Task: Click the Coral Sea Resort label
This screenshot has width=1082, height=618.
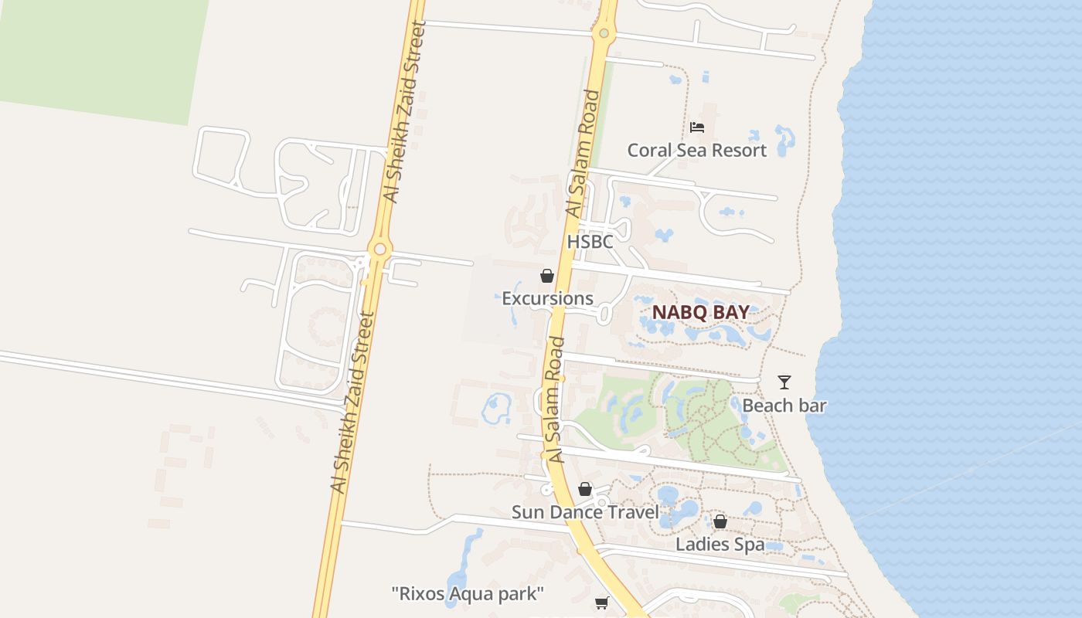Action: [696, 150]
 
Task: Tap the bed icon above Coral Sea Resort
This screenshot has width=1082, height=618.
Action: [697, 127]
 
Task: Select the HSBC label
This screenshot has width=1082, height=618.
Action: [590, 242]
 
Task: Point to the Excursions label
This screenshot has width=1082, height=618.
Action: [547, 298]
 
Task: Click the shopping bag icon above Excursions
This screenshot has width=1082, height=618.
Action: [547, 276]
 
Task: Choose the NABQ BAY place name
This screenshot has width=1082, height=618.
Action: [700, 312]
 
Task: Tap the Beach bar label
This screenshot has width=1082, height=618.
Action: [784, 406]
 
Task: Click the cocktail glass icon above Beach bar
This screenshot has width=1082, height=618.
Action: [784, 382]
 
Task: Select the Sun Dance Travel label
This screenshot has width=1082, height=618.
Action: [585, 512]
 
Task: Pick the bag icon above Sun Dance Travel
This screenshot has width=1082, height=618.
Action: [585, 489]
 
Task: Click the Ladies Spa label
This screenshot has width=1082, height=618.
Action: [720, 545]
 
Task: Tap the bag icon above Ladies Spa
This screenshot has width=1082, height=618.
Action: [720, 522]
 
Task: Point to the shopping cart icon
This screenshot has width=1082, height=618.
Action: [602, 603]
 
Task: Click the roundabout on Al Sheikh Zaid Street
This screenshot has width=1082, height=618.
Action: [379, 250]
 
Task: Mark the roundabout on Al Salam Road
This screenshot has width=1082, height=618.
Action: [604, 33]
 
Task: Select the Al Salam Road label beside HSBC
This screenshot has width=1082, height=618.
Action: [583, 154]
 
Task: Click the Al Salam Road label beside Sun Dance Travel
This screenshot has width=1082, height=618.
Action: [557, 400]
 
